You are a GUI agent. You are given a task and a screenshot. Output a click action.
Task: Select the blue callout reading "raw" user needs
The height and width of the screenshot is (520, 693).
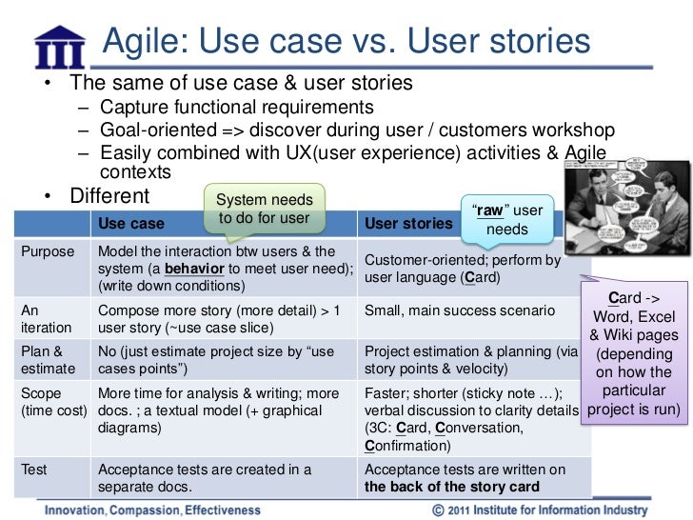pos(506,219)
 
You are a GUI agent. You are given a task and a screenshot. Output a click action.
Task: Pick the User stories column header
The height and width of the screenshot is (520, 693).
pos(408,224)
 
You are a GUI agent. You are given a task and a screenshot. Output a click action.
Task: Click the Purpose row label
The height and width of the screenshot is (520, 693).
pos(47,251)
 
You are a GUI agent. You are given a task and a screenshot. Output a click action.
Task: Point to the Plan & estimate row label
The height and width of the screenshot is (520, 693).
pos(45,359)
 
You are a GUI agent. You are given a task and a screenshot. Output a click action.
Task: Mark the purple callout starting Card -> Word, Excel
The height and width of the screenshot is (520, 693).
pos(634,352)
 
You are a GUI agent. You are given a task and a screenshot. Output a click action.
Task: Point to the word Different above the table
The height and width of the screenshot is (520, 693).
pos(109,196)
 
